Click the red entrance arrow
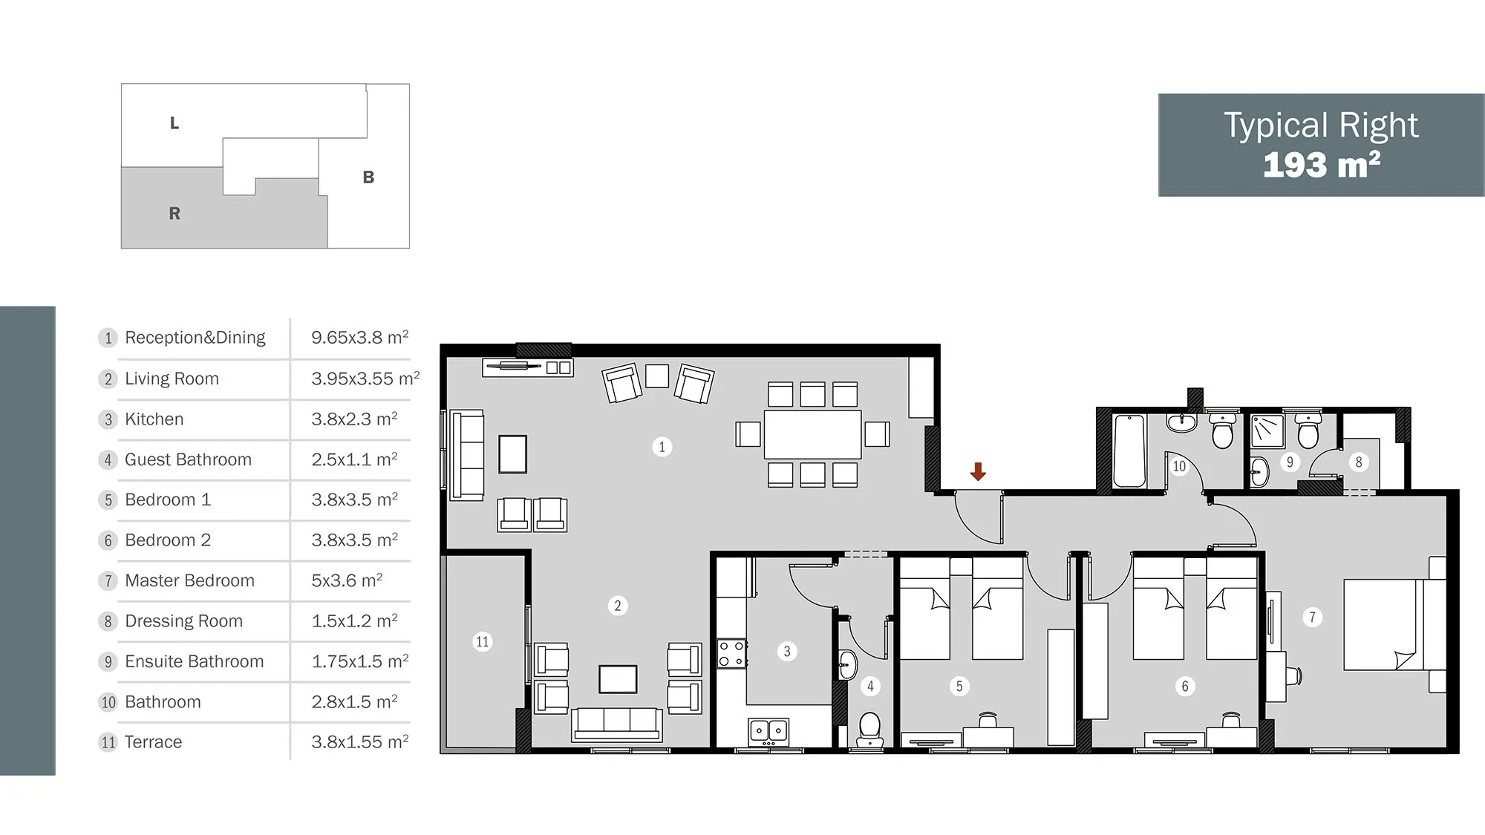click(978, 471)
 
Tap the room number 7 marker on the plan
click(1312, 617)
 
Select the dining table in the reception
click(812, 434)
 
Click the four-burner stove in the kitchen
click(731, 653)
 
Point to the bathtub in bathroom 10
click(1129, 451)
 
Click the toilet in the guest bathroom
click(869, 730)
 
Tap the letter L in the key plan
click(174, 123)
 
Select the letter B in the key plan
click(368, 177)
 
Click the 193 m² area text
click(1322, 165)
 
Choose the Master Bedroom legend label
click(189, 580)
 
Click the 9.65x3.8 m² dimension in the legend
click(360, 337)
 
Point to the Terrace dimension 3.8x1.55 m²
click(360, 741)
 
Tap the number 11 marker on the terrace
click(483, 641)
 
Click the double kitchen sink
click(768, 731)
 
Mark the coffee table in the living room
click(618, 679)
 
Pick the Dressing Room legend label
click(183, 620)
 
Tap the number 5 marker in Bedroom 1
click(959, 686)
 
